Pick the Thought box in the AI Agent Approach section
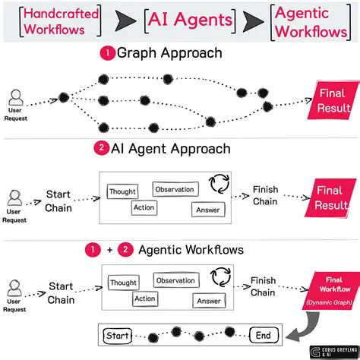(x=123, y=193)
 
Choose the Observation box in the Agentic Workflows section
(x=175, y=280)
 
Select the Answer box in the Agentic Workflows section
(x=208, y=302)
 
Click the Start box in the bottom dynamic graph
(x=117, y=335)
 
